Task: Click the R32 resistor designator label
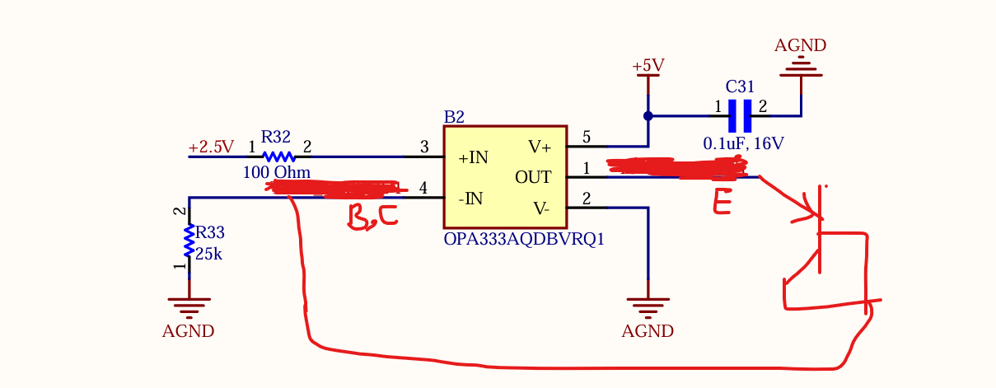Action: click(276, 137)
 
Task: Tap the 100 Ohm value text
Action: click(277, 172)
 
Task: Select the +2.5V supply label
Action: click(211, 147)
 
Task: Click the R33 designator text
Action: click(210, 232)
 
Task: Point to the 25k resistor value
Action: click(208, 254)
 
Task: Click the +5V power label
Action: click(648, 66)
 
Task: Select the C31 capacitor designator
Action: click(740, 86)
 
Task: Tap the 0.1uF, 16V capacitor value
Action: click(743, 143)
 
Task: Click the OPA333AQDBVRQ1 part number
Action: click(524, 239)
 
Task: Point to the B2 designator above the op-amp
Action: click(454, 117)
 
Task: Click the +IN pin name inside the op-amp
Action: click(473, 158)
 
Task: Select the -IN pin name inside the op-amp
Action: click(470, 199)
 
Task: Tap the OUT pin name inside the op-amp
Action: click(533, 178)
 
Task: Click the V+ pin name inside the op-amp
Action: click(540, 147)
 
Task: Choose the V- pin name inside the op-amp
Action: click(541, 208)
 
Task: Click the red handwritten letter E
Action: click(722, 201)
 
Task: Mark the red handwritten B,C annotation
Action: click(372, 217)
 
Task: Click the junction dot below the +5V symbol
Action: click(648, 116)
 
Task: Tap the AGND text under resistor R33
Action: click(188, 331)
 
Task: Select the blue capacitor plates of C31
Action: click(740, 116)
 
